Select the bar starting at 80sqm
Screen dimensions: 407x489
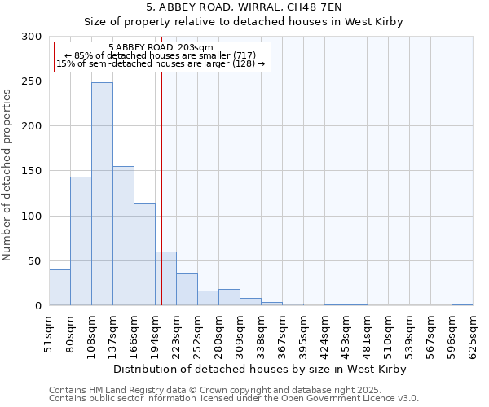coord(81,241)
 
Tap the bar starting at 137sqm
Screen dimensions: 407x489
coord(123,236)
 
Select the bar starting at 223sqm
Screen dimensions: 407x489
coord(187,289)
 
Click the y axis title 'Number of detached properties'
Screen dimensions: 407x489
coord(7,175)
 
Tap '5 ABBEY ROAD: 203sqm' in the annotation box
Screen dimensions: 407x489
coord(161,48)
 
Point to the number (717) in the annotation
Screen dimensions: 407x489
coord(244,55)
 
